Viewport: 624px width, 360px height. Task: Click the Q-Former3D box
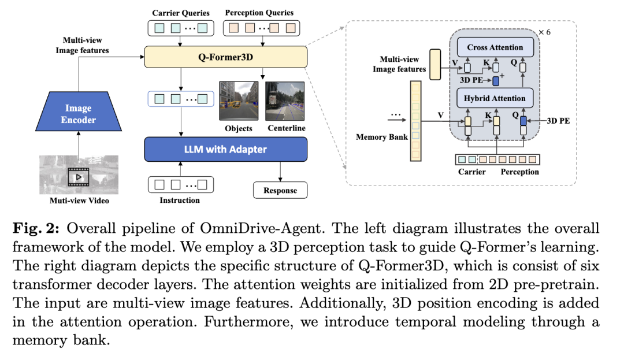coord(225,57)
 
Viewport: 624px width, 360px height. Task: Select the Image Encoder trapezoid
coord(78,114)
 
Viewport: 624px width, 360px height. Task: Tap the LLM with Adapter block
coord(225,149)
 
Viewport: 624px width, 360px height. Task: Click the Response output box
coord(280,190)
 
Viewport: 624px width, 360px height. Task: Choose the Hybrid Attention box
coord(495,98)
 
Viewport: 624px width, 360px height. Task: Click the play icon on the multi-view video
coord(78,175)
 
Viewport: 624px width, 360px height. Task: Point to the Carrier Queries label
coord(181,13)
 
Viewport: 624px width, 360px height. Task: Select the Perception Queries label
coord(259,13)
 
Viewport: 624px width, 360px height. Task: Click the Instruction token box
coord(181,184)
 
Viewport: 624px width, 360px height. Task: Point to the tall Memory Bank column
coord(415,120)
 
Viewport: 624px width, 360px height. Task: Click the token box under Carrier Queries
coord(181,27)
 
